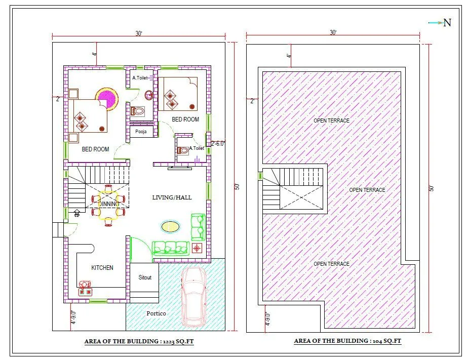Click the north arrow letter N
coord(447,23)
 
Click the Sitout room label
coord(145,277)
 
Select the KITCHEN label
coord(102,267)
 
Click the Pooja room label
coord(141,132)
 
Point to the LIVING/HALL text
coord(172,197)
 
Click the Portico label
coord(156,313)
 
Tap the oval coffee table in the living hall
coord(170,226)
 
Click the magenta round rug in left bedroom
coord(107,98)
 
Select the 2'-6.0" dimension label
coord(218,143)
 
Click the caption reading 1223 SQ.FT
coord(139,342)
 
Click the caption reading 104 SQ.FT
coord(347,341)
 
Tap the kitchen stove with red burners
coord(85,292)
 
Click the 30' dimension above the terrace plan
coord(333,32)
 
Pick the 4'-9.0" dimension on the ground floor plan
coord(73,317)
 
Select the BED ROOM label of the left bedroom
coord(95,149)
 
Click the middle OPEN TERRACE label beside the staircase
coord(367,190)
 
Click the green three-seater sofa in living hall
coord(170,248)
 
